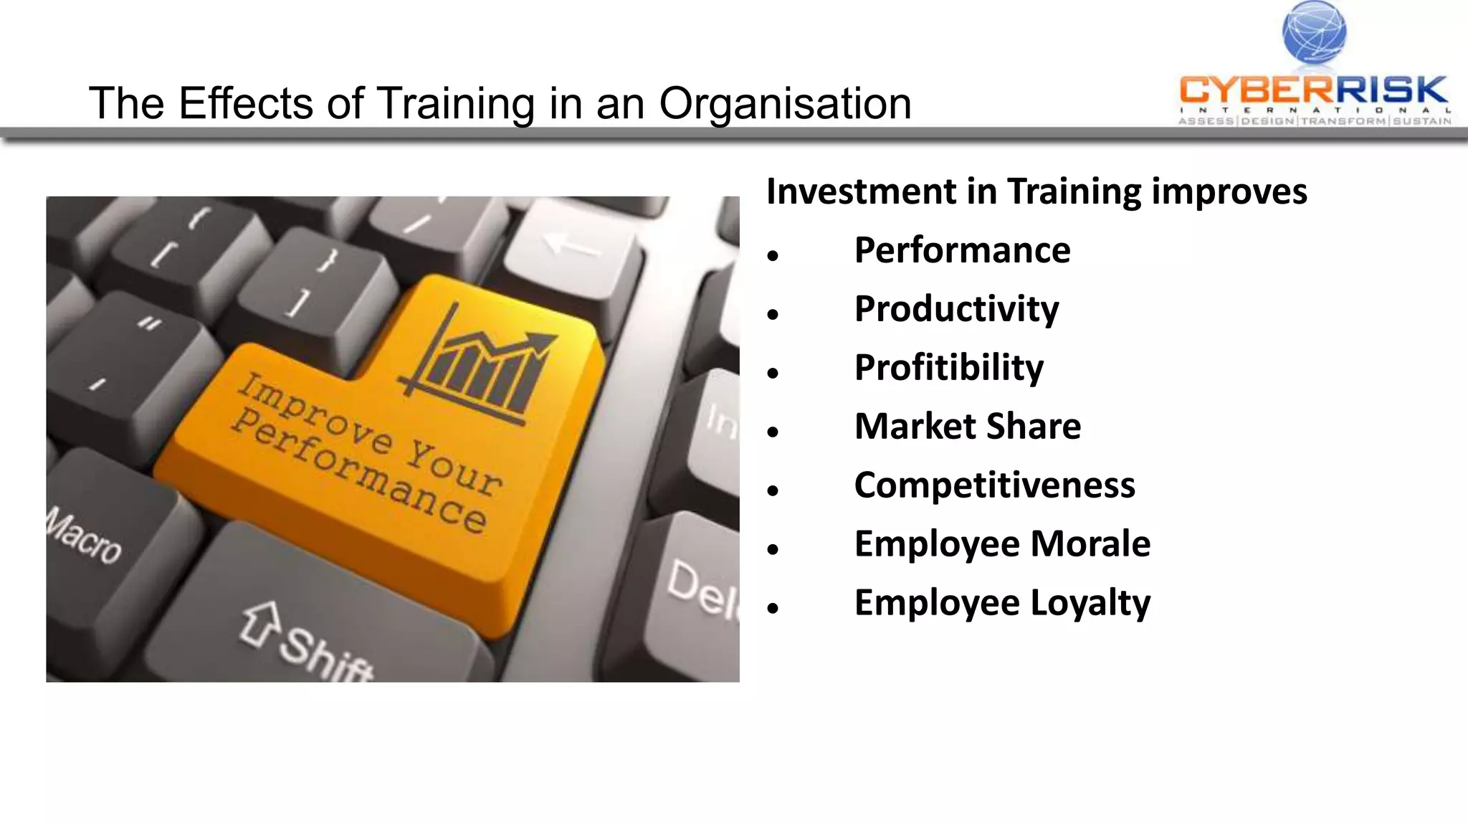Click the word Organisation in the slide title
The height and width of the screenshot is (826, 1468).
785,103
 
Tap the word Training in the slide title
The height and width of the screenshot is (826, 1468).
456,103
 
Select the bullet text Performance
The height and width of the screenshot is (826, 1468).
962,250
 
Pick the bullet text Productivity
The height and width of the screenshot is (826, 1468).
956,309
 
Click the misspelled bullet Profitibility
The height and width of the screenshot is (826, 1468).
948,368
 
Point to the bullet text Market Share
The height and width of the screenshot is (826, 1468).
967,427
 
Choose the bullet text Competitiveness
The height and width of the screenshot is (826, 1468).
994,485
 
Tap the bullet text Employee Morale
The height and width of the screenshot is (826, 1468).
1002,544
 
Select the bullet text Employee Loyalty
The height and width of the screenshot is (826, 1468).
1002,603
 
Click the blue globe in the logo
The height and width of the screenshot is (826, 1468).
1314,32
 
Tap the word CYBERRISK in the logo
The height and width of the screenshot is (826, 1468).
1313,90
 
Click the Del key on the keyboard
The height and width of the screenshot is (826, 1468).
699,588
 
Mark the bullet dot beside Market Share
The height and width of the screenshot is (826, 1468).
772,432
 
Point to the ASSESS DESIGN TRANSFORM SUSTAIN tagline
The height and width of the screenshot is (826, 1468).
1315,121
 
